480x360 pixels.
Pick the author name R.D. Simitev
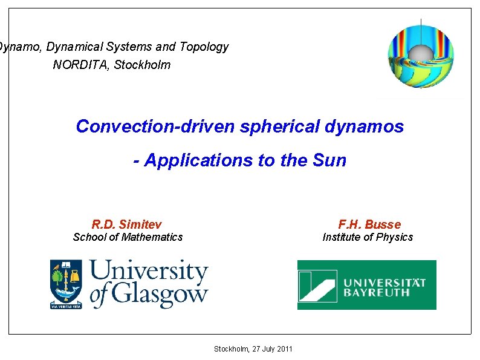click(127, 224)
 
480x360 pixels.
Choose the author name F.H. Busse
click(369, 224)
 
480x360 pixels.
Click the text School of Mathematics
click(128, 237)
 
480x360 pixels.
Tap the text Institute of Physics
click(368, 237)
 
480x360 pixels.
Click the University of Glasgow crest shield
click(66, 283)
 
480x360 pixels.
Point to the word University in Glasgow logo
click(149, 272)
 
